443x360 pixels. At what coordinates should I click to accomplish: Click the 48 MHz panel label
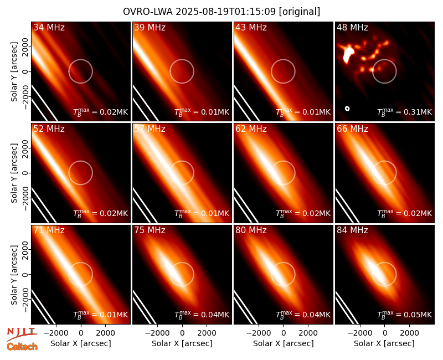pyautogui.click(x=352, y=27)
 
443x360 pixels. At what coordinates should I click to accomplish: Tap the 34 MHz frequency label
pyautogui.click(x=49, y=27)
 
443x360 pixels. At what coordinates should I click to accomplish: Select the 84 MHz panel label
pyautogui.click(x=352, y=230)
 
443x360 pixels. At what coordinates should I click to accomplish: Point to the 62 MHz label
pyautogui.click(x=251, y=129)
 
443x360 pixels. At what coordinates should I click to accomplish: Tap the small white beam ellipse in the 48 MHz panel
pyautogui.click(x=347, y=109)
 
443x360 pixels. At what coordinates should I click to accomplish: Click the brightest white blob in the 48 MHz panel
pyautogui.click(x=348, y=54)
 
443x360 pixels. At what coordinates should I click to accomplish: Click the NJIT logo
pyautogui.click(x=22, y=334)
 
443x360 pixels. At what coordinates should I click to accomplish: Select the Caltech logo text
pyautogui.click(x=22, y=347)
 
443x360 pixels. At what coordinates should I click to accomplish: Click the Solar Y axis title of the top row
pyautogui.click(x=14, y=72)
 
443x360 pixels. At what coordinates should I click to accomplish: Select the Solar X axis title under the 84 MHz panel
pyautogui.click(x=384, y=343)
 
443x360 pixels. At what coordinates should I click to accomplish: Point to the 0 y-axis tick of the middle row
pyautogui.click(x=25, y=173)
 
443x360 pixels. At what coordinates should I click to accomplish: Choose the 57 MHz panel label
pyautogui.click(x=150, y=129)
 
